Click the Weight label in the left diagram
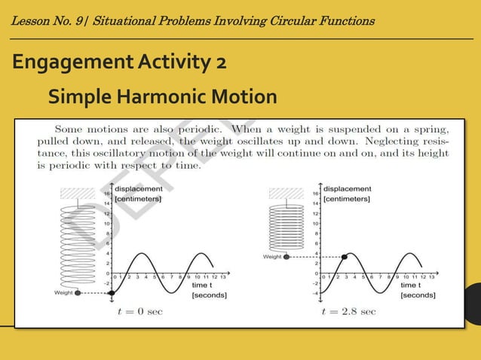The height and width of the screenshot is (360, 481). tap(64, 293)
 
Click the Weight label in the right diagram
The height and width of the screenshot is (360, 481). tap(272, 257)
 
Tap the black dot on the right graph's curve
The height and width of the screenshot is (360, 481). tap(345, 257)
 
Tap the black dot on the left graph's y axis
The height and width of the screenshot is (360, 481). tap(112, 293)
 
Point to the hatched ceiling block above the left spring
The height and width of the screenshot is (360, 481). tap(78, 193)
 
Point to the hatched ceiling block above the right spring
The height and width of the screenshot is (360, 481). tap(286, 193)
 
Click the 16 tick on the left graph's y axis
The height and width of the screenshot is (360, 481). tap(106, 194)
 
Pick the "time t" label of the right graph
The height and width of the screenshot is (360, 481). tap(412, 286)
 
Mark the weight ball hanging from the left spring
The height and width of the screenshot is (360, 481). tap(78, 293)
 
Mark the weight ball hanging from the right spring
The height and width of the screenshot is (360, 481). tap(286, 257)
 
